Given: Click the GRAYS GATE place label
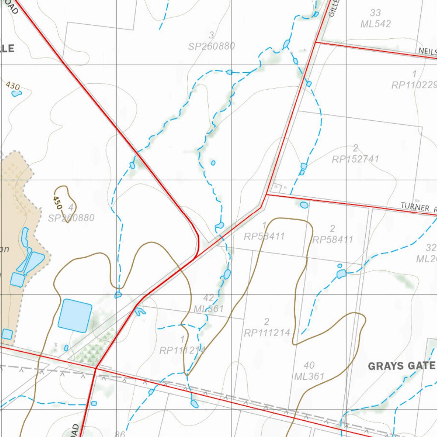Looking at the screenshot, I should tap(402, 366).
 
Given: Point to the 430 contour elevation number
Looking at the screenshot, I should tap(13, 86).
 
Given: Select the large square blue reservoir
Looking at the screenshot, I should tap(75, 315).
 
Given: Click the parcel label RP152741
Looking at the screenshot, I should tap(355, 159).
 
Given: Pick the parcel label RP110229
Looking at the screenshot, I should tap(414, 85).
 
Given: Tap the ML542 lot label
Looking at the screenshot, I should tap(376, 24).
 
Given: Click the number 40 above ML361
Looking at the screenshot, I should tap(309, 365).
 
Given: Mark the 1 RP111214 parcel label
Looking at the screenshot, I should tap(183, 345).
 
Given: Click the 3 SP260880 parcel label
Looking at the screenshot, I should tap(212, 41).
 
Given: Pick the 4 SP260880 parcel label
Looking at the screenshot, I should tap(71, 213).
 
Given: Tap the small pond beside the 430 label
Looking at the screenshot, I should tap(16, 93).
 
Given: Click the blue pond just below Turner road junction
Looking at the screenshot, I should tap(304, 205).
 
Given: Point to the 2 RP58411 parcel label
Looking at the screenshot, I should tap(333, 234).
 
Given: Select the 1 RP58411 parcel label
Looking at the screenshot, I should tap(264, 231).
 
